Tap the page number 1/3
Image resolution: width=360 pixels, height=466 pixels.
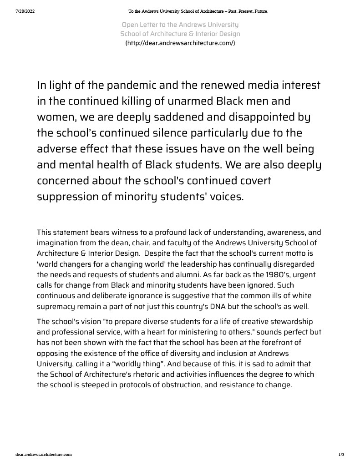pyautogui.click(x=341, y=454)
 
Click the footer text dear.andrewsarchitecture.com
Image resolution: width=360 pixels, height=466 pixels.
pyautogui.click(x=44, y=454)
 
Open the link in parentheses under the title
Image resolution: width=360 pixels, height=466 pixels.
pyautogui.click(x=180, y=43)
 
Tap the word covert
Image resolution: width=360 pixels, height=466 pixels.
pyautogui.click(x=252, y=181)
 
